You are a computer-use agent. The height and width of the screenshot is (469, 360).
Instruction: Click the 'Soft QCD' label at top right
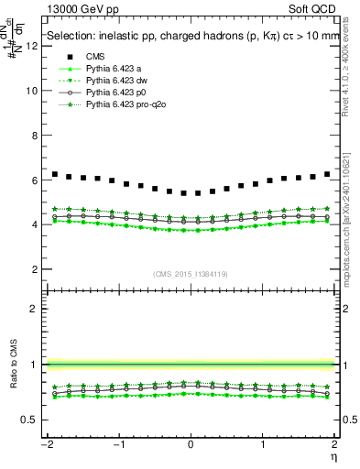pyautogui.click(x=311, y=8)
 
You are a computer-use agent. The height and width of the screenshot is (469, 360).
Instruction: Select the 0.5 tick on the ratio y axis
pyautogui.click(x=29, y=420)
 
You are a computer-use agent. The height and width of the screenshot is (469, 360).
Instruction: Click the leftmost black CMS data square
pyautogui.click(x=55, y=174)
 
